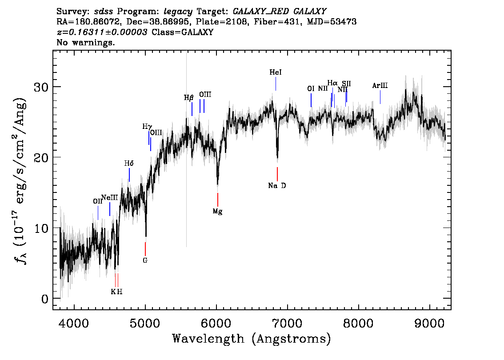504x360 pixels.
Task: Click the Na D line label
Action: pos(277,185)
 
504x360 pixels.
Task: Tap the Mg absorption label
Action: pos(218,212)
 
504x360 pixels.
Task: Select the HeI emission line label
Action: pos(276,72)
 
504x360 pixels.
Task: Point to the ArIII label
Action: pos(380,85)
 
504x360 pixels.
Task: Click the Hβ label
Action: pos(189,98)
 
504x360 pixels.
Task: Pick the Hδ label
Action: pos(129,164)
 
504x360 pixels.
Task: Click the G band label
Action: pos(145,260)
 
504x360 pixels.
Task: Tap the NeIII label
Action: pos(110,197)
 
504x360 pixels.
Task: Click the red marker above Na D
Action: pos(277,174)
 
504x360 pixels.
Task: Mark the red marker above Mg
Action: pos(218,200)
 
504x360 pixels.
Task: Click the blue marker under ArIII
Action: pos(380,97)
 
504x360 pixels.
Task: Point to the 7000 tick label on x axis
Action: pos(288,324)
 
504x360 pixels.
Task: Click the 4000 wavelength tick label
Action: pos(74,324)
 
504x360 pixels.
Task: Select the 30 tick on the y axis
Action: pos(41,87)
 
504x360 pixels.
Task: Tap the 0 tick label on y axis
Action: pos(45,299)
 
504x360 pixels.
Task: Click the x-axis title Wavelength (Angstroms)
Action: pos(252,339)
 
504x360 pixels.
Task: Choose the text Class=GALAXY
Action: pos(183,32)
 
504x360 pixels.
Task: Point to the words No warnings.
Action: pos(85,42)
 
